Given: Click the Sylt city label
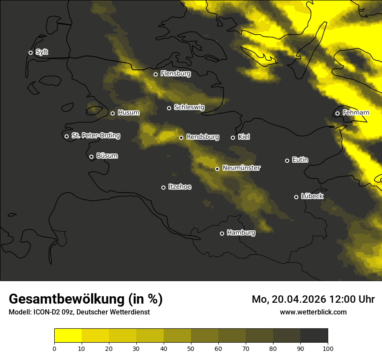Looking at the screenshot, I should (42, 52).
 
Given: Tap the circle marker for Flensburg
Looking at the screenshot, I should (155, 74).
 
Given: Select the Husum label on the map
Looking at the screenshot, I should (128, 113).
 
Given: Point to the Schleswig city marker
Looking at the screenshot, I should (169, 108).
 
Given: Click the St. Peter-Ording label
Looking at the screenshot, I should (95, 136).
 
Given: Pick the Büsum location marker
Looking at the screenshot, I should (91, 157).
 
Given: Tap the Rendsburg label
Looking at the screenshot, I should (203, 137).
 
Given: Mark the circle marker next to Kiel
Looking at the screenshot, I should (233, 137).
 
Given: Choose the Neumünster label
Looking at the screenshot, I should (241, 168).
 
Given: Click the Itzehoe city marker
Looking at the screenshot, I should (163, 187).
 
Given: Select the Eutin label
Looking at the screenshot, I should (300, 160).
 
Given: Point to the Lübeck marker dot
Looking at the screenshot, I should (296, 197).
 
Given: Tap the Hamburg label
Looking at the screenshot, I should (241, 233).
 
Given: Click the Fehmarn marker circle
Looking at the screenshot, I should (337, 114).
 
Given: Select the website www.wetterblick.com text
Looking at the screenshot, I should (313, 312).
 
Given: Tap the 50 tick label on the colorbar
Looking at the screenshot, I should (191, 348).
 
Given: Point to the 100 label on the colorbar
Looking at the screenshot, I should (328, 348).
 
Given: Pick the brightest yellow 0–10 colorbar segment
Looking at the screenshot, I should (68, 335).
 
